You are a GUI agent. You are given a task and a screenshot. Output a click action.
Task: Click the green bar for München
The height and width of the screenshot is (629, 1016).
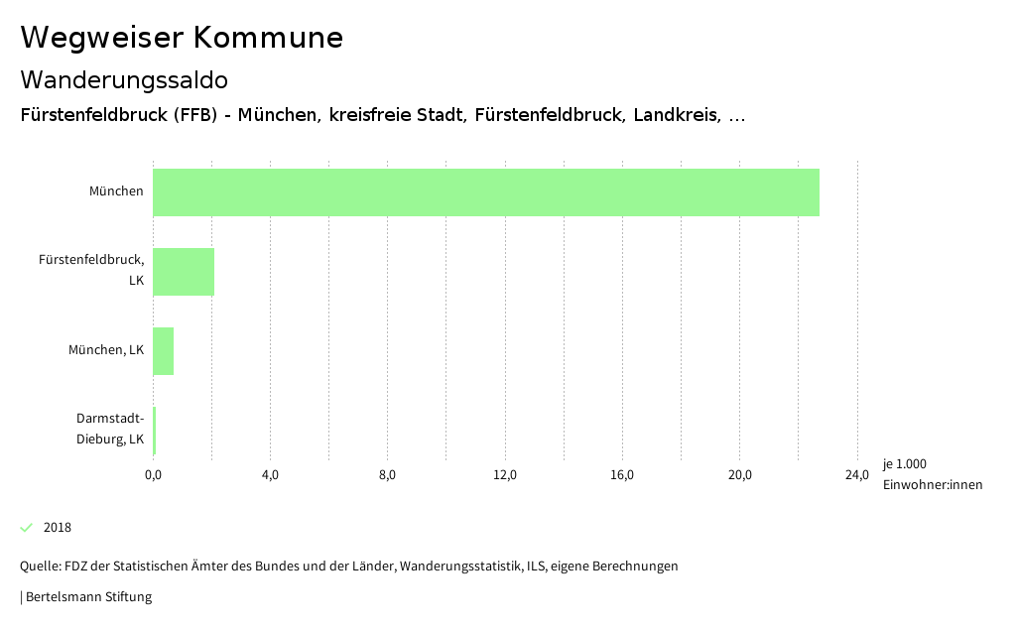[x=486, y=192]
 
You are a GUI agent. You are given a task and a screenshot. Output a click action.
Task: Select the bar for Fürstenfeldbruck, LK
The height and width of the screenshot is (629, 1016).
[x=184, y=272]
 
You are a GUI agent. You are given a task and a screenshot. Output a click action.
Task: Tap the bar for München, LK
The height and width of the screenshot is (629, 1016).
[x=164, y=351]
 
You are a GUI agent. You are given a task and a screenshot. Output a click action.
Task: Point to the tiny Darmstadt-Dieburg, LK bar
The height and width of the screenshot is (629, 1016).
[x=155, y=431]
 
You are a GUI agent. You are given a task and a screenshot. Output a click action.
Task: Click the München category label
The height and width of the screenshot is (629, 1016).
[x=116, y=191]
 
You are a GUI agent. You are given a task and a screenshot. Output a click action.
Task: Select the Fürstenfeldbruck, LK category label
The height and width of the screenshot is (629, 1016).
[x=91, y=270]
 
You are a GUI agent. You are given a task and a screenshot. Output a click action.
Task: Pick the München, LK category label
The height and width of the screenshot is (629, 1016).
[x=106, y=350]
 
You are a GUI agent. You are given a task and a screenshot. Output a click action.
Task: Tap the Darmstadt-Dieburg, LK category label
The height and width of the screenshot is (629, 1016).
[x=110, y=429]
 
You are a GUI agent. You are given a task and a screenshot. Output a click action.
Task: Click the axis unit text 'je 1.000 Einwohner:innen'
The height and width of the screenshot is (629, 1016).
[x=932, y=474]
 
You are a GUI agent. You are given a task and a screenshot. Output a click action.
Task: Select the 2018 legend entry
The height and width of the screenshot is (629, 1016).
[x=57, y=528]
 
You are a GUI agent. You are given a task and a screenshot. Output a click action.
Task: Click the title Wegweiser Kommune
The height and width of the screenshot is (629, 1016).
[x=182, y=38]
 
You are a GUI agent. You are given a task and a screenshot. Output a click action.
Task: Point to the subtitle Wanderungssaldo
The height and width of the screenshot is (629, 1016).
[x=124, y=79]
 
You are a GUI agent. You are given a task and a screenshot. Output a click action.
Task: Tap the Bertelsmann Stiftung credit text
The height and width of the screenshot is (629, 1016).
[x=87, y=597]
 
